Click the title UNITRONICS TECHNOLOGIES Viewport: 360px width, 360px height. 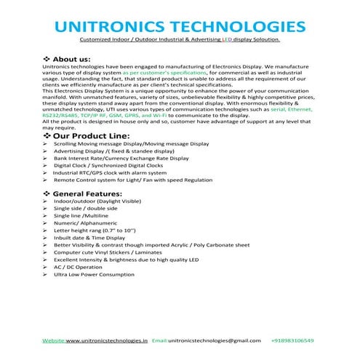[x=180, y=25]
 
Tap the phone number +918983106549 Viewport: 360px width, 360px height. [x=299, y=340]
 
